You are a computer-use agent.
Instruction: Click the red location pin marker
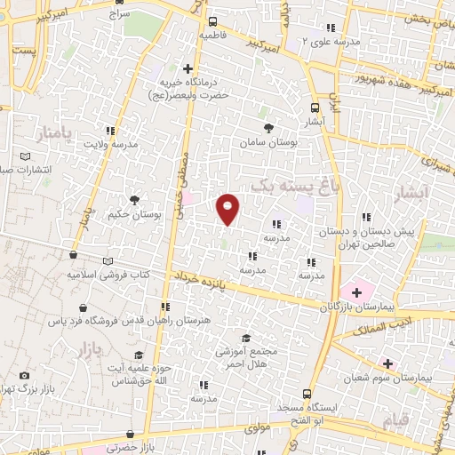[x=228, y=208]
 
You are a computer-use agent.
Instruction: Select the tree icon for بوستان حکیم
[x=134, y=201]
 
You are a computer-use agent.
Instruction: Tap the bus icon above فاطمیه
[x=212, y=21]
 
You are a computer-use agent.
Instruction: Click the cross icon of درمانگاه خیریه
[x=188, y=68]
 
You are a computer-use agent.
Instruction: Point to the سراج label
[x=117, y=15]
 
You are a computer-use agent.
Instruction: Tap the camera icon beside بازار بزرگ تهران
[x=24, y=376]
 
